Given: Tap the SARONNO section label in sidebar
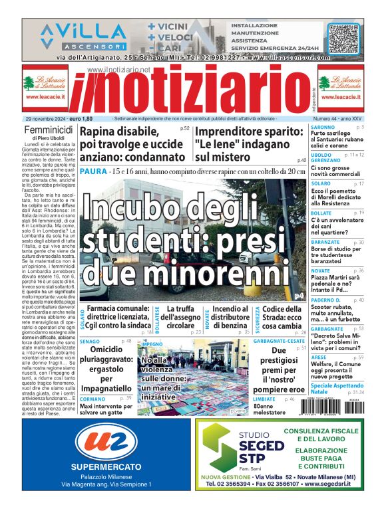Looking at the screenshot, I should pos(323,126).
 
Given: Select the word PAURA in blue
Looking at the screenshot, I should pos(91,172).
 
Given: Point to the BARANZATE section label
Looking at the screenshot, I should pos(325,243).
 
